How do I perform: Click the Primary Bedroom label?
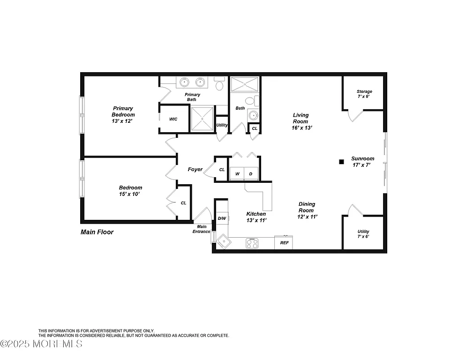tap(123, 114)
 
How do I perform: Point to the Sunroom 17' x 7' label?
tap(363, 162)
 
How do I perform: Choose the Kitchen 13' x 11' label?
tap(256, 217)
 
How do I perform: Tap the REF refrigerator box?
tap(284, 243)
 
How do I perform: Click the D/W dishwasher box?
tap(222, 218)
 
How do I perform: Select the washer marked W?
tap(237, 174)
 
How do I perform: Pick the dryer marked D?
tap(251, 174)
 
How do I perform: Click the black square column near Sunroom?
tap(341, 162)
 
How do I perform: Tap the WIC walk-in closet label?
tap(173, 120)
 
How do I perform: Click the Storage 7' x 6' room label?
tap(364, 94)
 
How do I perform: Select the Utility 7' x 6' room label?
tap(363, 234)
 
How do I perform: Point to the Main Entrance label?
tap(202, 229)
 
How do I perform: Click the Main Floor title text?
tap(97, 232)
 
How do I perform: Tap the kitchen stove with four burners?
tap(252, 243)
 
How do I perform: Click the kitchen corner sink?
tap(222, 241)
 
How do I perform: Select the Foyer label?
tap(195, 169)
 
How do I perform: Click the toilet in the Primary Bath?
tap(219, 85)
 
